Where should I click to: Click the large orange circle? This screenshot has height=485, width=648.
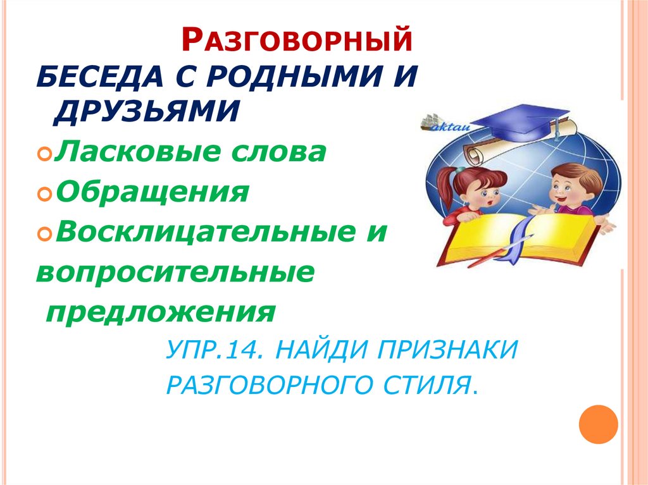point(598,424)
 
